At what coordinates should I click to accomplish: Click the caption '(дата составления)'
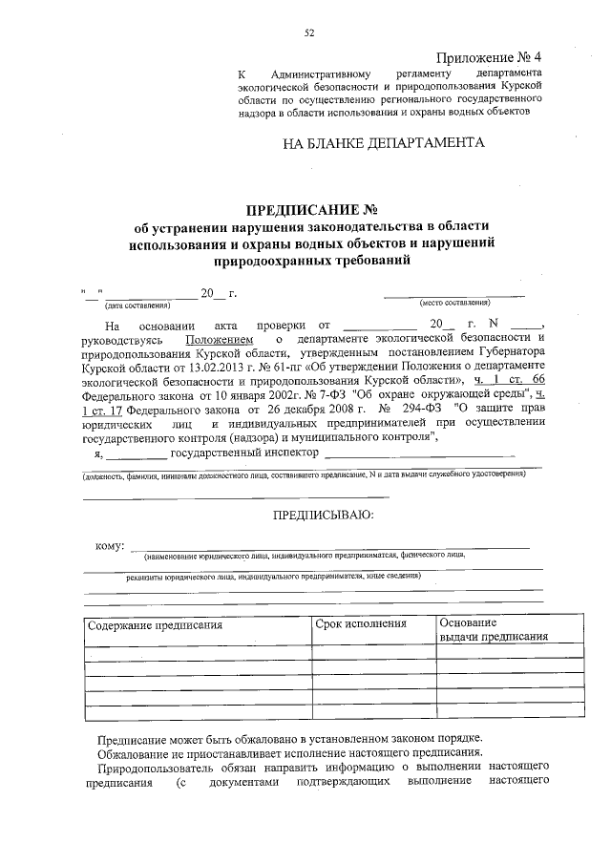pos(137,306)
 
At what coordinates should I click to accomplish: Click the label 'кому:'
pos(110,545)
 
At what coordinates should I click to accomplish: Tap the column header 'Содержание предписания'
pos(156,625)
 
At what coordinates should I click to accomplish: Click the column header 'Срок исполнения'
pos(362,623)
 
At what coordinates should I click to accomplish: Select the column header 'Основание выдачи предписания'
pos(493,631)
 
